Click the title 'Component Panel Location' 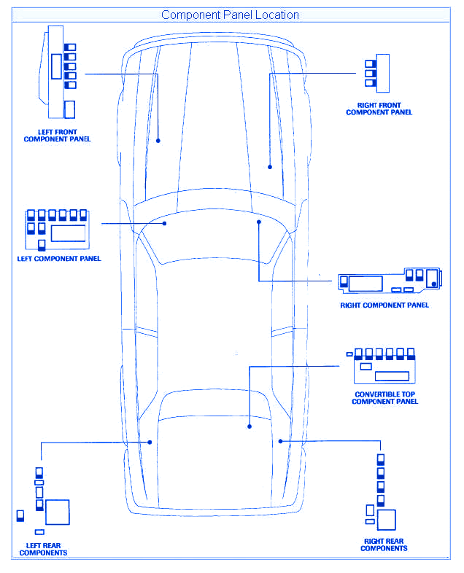230,15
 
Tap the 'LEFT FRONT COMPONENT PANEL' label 57,136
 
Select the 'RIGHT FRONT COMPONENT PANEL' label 379,109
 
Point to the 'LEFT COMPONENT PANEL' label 59,259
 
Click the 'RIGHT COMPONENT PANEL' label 384,305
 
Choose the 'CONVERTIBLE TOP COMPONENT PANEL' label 384,398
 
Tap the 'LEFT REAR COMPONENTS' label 43,549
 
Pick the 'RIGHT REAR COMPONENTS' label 384,545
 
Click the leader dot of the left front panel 158,141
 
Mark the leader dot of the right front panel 270,167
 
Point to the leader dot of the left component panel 165,223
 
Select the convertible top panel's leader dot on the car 250,426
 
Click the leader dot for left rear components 150,443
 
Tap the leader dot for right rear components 280,442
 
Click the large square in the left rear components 58,512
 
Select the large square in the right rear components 387,520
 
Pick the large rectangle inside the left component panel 68,233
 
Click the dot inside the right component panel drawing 433,284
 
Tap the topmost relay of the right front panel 371,64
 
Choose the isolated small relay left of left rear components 20,515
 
